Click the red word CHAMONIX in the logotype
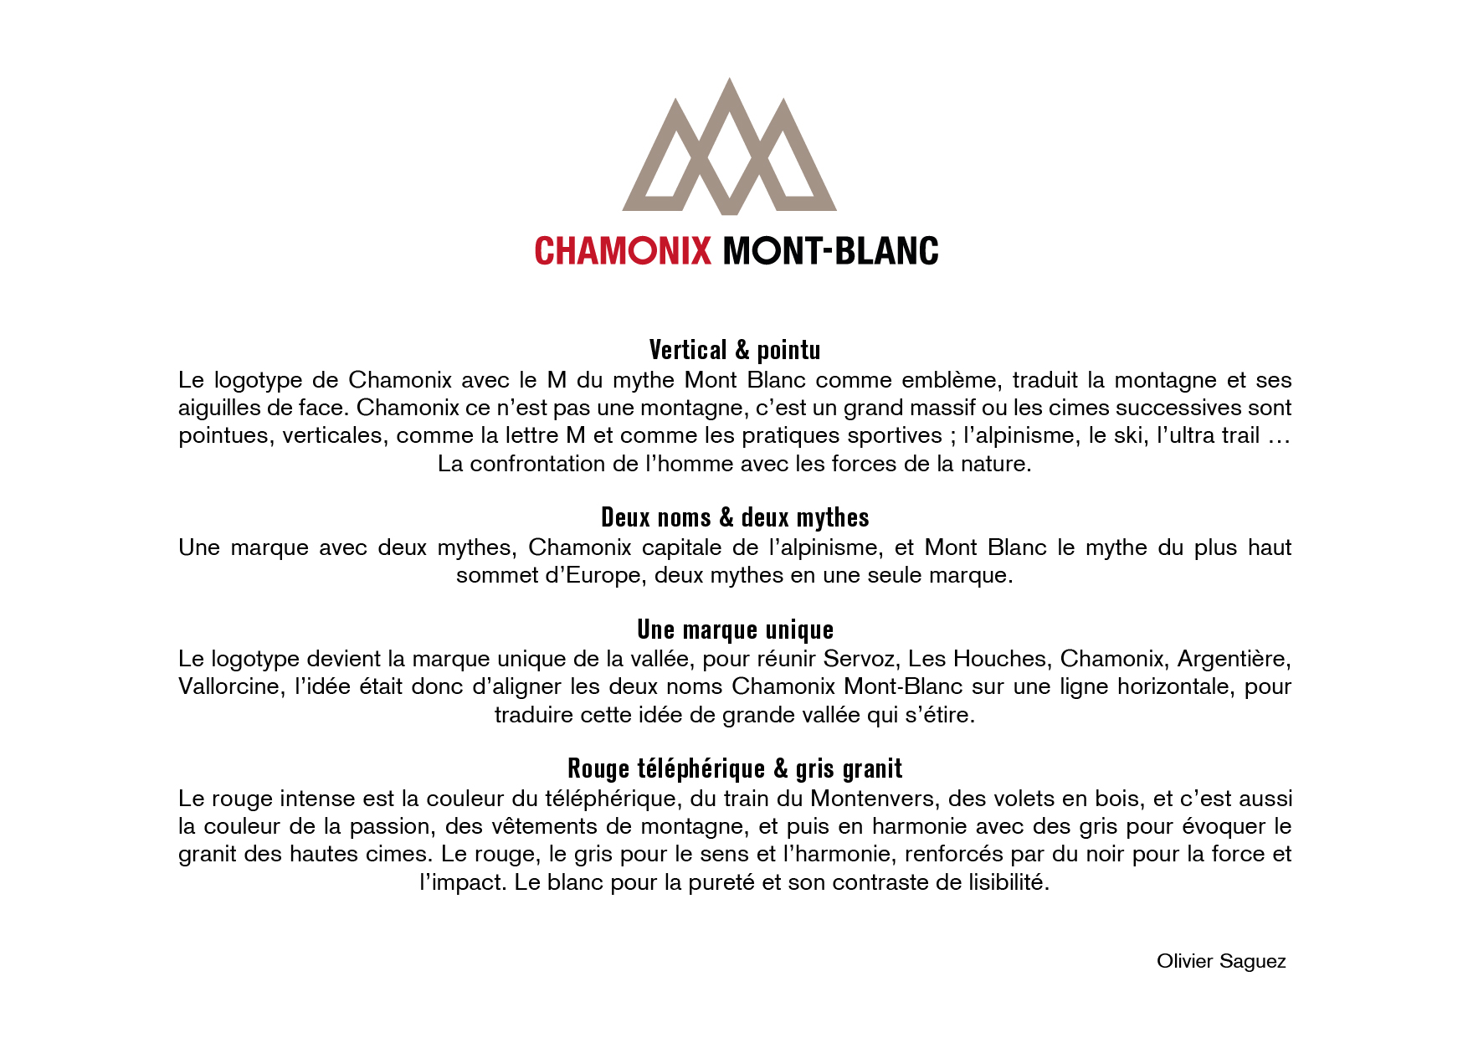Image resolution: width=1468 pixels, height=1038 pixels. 623,251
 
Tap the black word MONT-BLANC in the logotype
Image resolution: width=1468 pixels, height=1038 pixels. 830,251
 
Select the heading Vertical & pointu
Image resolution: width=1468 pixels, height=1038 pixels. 734,350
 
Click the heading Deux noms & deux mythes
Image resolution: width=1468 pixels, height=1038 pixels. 734,517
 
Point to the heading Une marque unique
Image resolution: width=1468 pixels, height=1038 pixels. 734,629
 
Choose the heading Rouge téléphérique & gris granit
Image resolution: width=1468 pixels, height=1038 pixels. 734,768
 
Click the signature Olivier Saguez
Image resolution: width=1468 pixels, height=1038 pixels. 1220,961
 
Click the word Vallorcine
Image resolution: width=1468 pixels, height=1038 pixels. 228,686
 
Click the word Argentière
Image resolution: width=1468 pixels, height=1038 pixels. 1234,659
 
